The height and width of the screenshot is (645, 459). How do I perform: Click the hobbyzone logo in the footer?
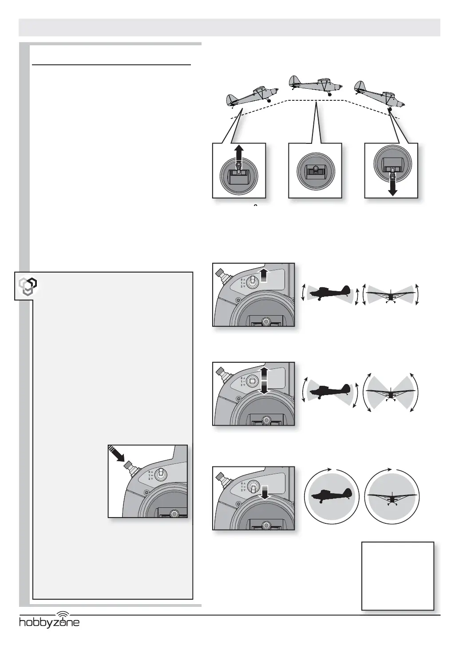pyautogui.click(x=49, y=622)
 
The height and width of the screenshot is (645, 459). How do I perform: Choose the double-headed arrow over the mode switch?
pyautogui.click(x=264, y=380)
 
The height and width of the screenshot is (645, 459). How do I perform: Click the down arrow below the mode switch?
pyautogui.click(x=265, y=492)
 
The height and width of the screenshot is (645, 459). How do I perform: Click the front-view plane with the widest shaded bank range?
pyautogui.click(x=390, y=392)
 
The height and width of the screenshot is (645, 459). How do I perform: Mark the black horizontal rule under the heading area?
pyautogui.click(x=112, y=65)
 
